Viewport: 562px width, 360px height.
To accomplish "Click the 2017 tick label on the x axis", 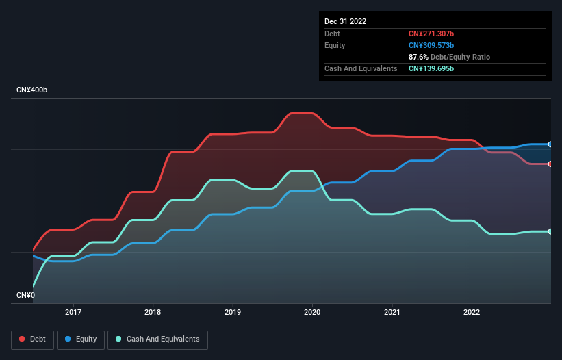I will tap(73, 312).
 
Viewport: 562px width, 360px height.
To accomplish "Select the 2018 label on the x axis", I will tap(153, 312).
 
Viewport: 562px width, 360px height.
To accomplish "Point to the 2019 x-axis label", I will tap(233, 312).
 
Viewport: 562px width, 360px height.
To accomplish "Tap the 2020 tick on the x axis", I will tap(312, 312).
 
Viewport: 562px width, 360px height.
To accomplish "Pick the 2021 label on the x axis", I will tap(392, 312).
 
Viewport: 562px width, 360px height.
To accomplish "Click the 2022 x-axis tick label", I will tap(472, 312).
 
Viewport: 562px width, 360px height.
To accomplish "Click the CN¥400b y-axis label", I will tap(32, 90).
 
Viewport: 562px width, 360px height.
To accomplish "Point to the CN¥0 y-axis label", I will tap(25, 296).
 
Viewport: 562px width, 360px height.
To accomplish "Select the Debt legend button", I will tap(32, 339).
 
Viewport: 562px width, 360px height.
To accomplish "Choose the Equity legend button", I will tap(81, 339).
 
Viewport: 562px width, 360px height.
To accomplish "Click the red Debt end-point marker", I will tap(550, 164).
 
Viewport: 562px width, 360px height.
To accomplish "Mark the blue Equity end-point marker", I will tap(550, 144).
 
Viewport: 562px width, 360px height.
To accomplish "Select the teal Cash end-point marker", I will tap(550, 231).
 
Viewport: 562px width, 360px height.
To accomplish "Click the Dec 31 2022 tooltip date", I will tap(345, 21).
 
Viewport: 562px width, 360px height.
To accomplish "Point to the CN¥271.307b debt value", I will tap(431, 34).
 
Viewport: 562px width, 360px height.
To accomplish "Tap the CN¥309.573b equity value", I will tap(431, 45).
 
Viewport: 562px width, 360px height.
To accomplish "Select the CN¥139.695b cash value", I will tap(431, 68).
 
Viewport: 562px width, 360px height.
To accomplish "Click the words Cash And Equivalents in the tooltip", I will tap(361, 68).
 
